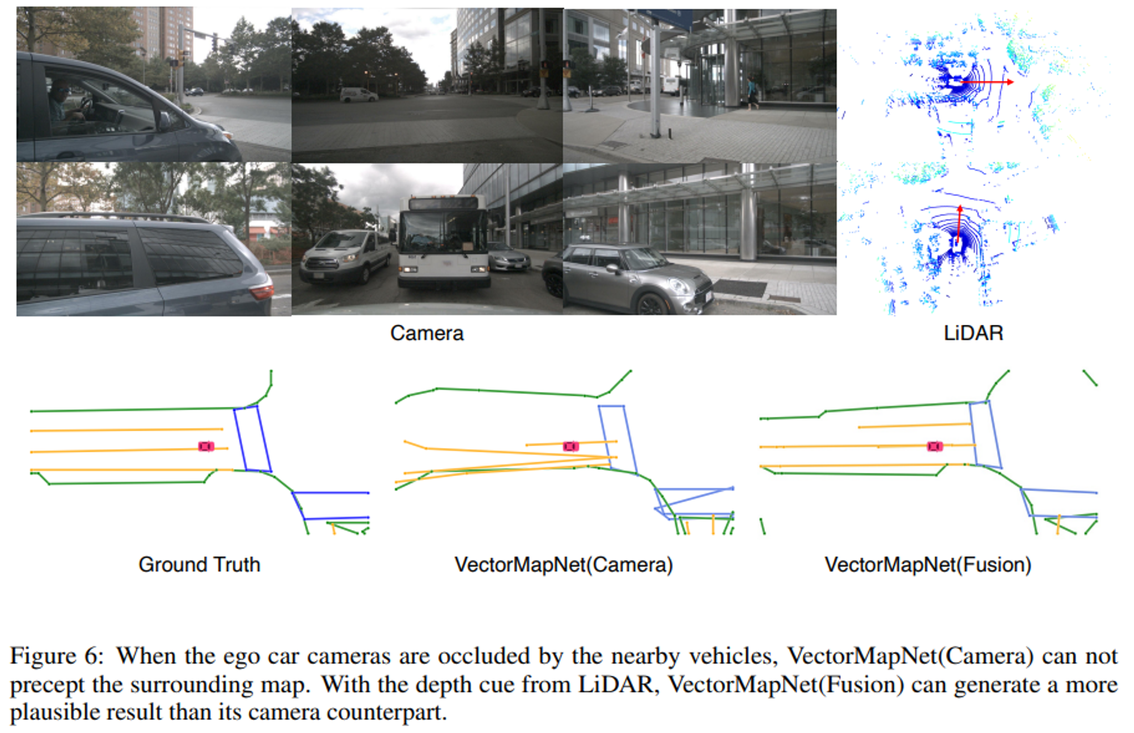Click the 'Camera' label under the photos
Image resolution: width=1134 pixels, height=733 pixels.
[x=426, y=333]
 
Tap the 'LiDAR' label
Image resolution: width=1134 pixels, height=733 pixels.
[x=973, y=333]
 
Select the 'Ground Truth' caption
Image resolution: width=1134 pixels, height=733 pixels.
[x=199, y=565]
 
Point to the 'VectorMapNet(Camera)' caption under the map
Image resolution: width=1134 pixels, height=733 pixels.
[x=564, y=565]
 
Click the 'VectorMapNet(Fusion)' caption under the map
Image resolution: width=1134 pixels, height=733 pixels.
[x=928, y=565]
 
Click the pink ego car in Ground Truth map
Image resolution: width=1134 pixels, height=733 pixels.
[x=206, y=447]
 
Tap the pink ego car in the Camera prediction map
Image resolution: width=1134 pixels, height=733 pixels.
[x=570, y=447]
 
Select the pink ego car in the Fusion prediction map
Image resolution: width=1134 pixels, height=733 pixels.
[x=934, y=447]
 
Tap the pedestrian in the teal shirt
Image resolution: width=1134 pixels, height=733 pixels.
[x=752, y=93]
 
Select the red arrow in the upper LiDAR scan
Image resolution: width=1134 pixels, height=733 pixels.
[x=987, y=82]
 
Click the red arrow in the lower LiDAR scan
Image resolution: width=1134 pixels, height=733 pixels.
[x=959, y=224]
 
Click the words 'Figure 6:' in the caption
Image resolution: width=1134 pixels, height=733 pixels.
[x=57, y=656]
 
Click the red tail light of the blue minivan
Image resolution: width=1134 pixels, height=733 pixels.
[x=261, y=292]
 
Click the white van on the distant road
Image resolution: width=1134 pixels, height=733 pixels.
[x=358, y=95]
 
